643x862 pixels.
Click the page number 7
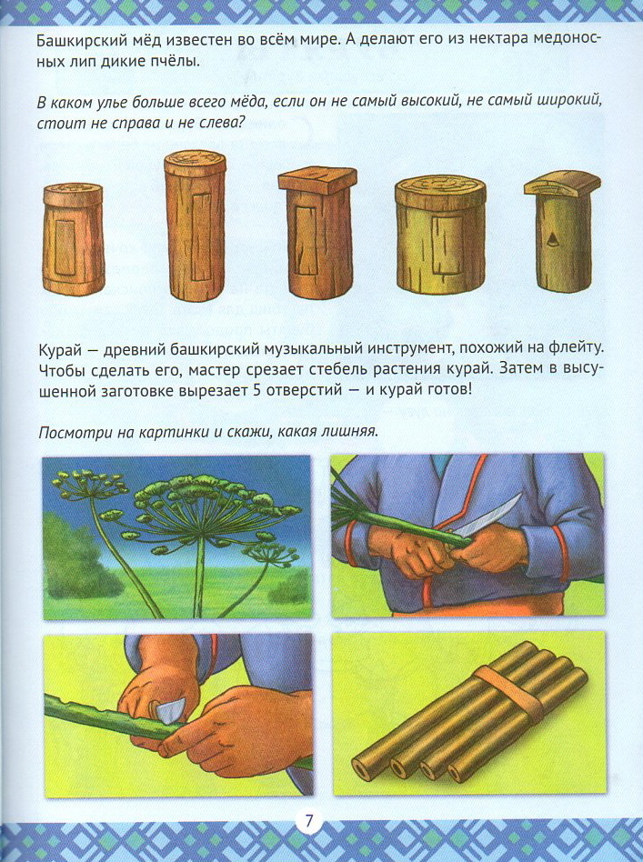[x=308, y=821]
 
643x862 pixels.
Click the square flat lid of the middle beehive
[x=317, y=180]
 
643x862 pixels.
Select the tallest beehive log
[x=195, y=226]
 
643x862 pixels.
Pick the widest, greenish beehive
[x=440, y=235]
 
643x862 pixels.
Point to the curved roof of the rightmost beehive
[x=562, y=183]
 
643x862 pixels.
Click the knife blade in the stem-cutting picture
[x=487, y=516]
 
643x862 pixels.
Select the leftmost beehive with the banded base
[x=73, y=238]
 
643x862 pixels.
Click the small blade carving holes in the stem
[x=167, y=711]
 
